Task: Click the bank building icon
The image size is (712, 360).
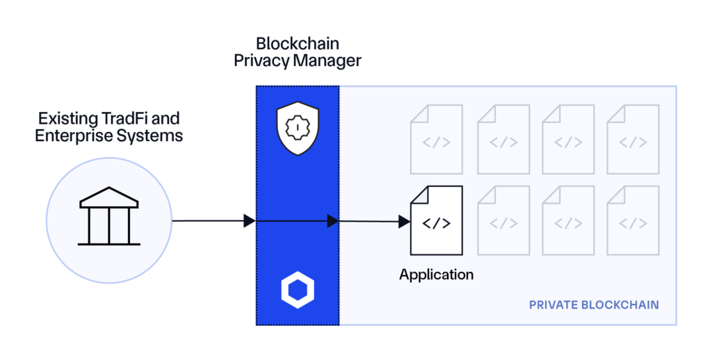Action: [x=108, y=220]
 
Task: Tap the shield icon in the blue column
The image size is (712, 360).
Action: [x=297, y=128]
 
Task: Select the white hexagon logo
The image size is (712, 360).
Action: [x=297, y=290]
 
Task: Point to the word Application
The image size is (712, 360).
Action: [x=436, y=275]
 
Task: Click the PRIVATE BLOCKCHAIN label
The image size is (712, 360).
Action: [x=594, y=305]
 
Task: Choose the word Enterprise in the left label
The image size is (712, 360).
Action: [x=73, y=135]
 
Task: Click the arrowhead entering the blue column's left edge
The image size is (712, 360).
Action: [x=250, y=221]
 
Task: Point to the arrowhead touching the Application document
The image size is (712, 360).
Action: [x=403, y=222]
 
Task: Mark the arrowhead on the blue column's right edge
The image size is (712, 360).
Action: [x=333, y=221]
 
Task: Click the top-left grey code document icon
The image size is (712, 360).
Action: [x=436, y=138]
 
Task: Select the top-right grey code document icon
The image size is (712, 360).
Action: [x=633, y=138]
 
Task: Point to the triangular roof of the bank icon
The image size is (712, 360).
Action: [x=108, y=199]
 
